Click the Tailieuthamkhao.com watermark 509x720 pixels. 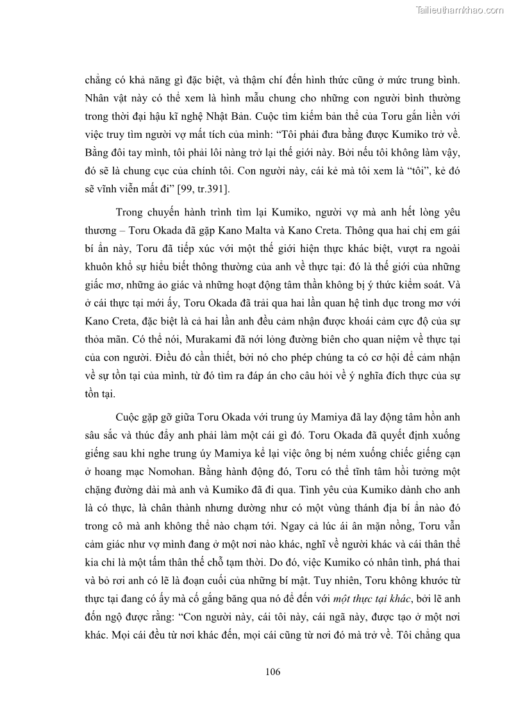click(460, 10)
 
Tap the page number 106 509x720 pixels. click(272, 672)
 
